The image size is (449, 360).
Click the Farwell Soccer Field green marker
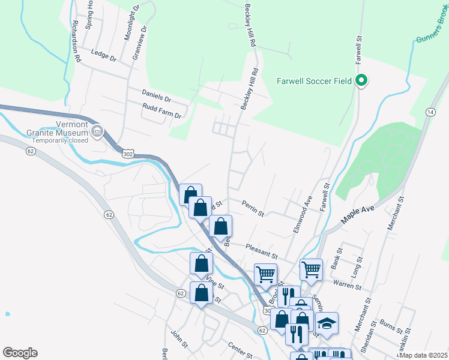(x=361, y=81)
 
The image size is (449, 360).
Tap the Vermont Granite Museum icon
(x=97, y=130)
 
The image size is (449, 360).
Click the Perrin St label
(x=253, y=208)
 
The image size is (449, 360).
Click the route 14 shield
(x=430, y=112)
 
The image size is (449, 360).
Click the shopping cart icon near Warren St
(x=311, y=269)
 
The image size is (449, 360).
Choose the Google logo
(x=20, y=352)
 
